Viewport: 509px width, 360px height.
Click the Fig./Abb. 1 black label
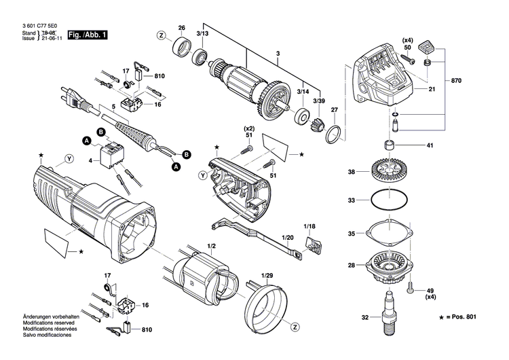pyautogui.click(x=88, y=34)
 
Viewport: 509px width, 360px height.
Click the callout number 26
pyautogui.click(x=181, y=28)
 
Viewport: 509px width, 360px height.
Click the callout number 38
pyautogui.click(x=352, y=173)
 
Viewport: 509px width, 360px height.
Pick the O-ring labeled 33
pyautogui.click(x=392, y=200)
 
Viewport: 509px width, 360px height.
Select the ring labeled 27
pyautogui.click(x=332, y=133)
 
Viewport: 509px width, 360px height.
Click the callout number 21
pyautogui.click(x=431, y=90)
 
